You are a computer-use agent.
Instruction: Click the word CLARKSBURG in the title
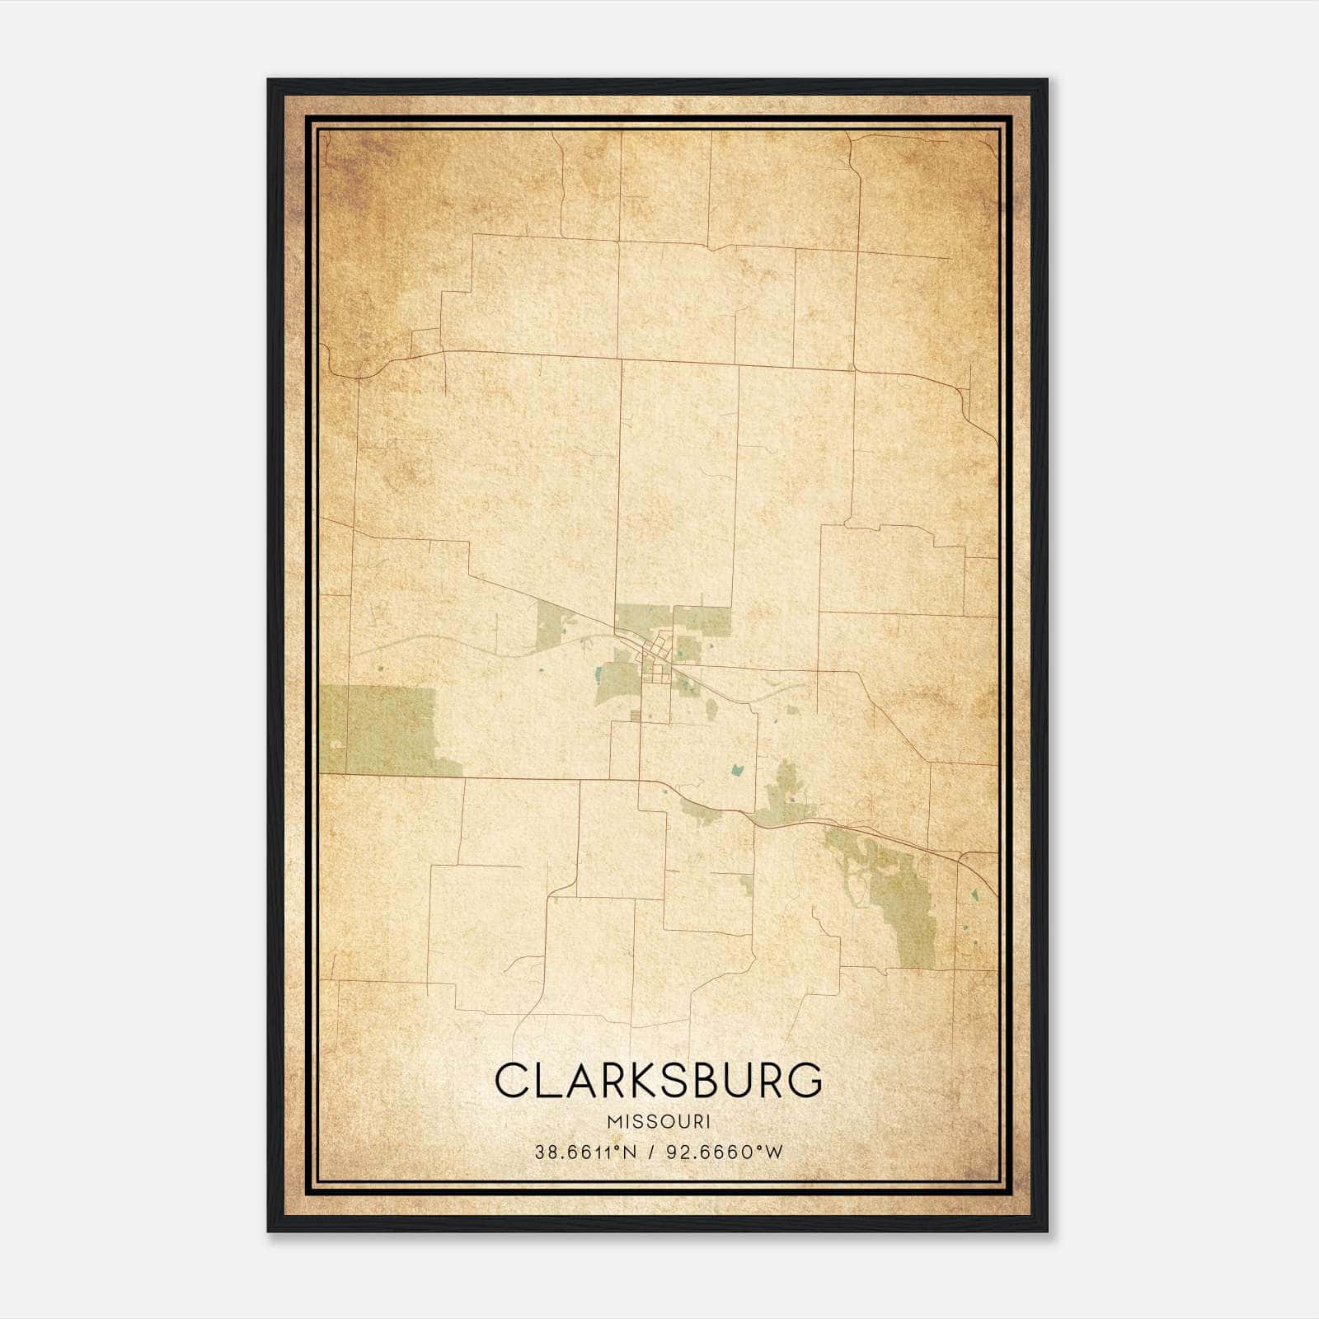659,1080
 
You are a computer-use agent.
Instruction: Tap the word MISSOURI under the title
659,1121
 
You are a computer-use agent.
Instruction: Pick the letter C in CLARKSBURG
512,1080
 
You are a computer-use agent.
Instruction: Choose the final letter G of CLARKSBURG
805,1080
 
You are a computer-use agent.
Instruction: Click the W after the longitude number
773,1152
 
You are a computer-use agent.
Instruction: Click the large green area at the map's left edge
379,730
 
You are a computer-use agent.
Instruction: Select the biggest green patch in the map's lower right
903,907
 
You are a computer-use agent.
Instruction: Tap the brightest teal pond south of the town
737,771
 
